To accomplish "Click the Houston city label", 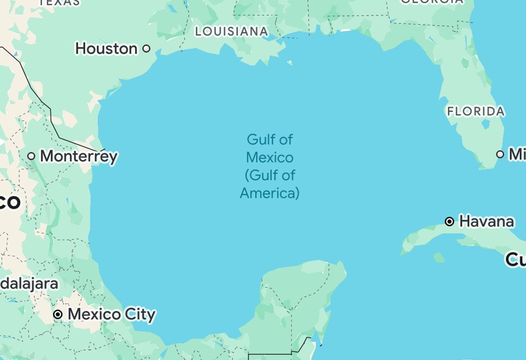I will pyautogui.click(x=106, y=48).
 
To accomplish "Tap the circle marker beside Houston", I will pyautogui.click(x=147, y=48).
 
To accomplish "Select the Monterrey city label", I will pyautogui.click(x=79, y=156).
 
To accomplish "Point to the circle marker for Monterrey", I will pyautogui.click(x=32, y=156).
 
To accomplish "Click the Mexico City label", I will pyautogui.click(x=112, y=315).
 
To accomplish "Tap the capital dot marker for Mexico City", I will pyautogui.click(x=58, y=315).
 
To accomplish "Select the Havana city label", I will pyautogui.click(x=487, y=222).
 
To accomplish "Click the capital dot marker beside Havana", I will pyautogui.click(x=450, y=222).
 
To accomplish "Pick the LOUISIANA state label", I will pyautogui.click(x=231, y=32).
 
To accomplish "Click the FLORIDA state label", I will pyautogui.click(x=476, y=112).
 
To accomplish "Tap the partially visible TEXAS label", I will pyautogui.click(x=59, y=3).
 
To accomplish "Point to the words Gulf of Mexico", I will pyautogui.click(x=270, y=148).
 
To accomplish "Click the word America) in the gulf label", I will pyautogui.click(x=270, y=193).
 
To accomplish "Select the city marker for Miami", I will pyautogui.click(x=500, y=154).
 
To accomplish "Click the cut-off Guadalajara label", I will pyautogui.click(x=29, y=283).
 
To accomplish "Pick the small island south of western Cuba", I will pyautogui.click(x=439, y=257).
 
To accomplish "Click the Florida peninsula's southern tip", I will pyautogui.click(x=487, y=166).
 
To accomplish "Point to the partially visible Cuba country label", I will pyautogui.click(x=515, y=259).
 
